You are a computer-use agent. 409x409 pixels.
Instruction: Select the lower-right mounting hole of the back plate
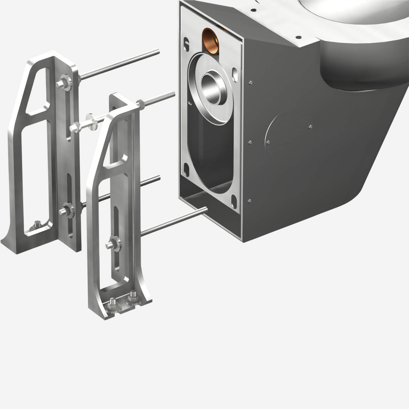click(x=234, y=200)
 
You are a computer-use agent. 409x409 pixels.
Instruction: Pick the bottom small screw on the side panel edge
click(x=249, y=201)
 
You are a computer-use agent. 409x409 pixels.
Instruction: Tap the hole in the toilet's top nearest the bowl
click(x=298, y=36)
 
